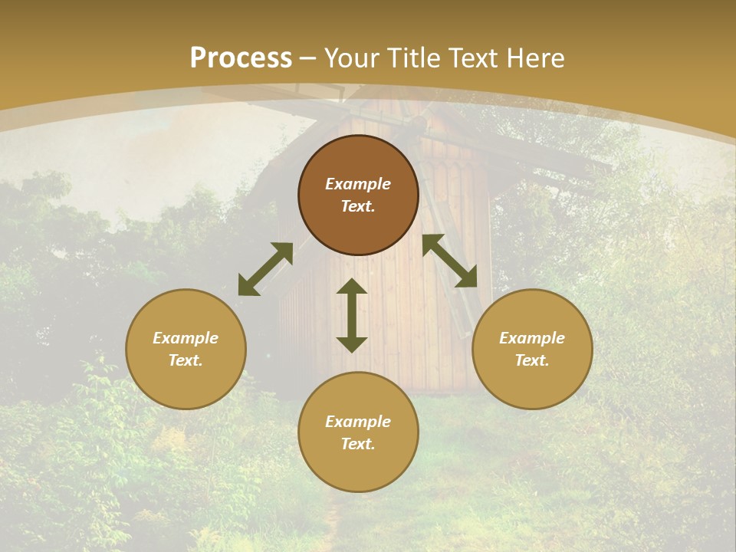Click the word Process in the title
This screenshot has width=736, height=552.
click(241, 58)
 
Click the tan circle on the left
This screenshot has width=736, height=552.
click(186, 349)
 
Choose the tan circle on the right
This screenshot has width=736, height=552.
click(532, 349)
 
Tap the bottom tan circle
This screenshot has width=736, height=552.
click(358, 432)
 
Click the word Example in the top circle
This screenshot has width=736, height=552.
click(358, 184)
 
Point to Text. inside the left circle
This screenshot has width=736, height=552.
click(186, 360)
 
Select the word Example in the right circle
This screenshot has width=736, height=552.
click(532, 338)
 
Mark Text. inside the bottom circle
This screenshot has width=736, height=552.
click(358, 444)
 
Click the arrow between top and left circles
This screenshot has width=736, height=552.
click(265, 269)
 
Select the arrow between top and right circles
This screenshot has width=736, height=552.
click(450, 261)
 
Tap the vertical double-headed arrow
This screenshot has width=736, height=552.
click(352, 315)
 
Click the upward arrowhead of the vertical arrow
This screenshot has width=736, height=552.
click(352, 286)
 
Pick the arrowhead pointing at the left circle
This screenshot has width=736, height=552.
click(247, 287)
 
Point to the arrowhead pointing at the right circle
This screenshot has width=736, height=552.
click(467, 278)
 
